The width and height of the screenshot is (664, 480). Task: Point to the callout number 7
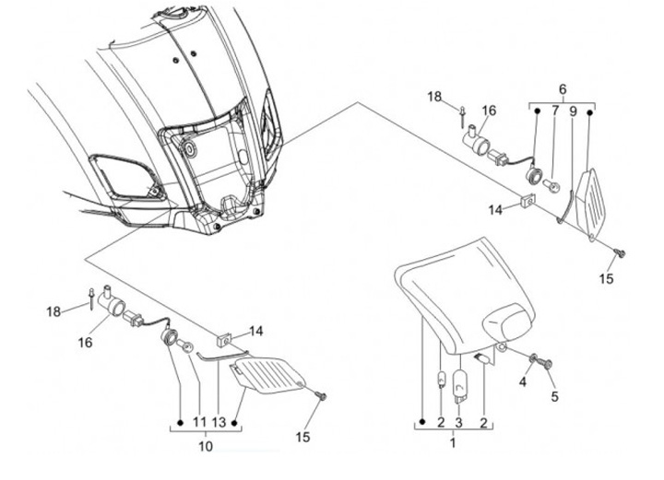(555, 111)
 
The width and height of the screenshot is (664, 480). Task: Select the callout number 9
(573, 111)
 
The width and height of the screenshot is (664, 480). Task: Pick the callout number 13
(219, 422)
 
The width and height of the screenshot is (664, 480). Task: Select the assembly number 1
(452, 443)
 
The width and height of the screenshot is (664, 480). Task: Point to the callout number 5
(555, 398)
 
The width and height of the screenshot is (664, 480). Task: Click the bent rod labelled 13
(214, 356)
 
